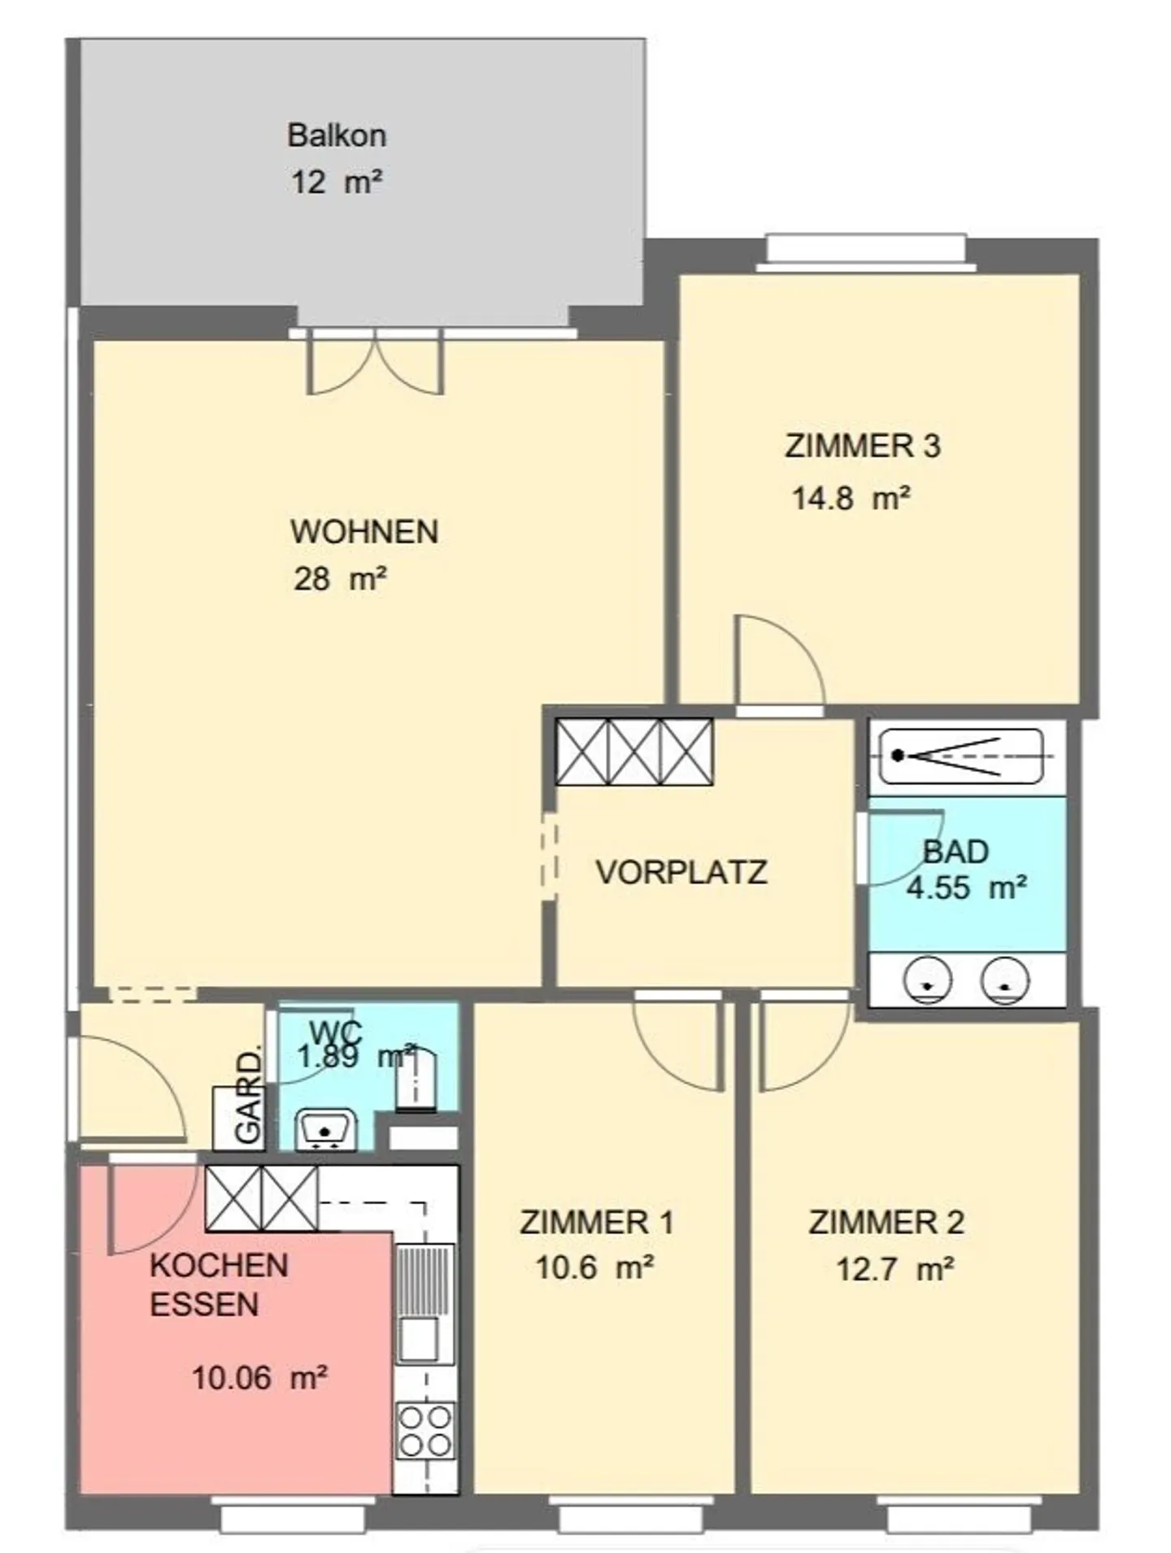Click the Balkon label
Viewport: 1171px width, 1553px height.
point(337,135)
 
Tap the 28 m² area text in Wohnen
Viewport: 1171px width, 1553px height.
point(340,579)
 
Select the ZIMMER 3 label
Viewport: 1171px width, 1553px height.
point(863,446)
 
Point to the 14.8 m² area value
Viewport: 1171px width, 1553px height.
point(851,497)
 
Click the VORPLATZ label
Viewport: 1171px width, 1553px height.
point(681,872)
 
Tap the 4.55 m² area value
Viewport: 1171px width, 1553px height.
point(966,887)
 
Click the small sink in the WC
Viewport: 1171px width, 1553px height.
point(325,1129)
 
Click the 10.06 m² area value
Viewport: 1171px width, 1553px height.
point(259,1377)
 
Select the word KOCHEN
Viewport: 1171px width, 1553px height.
point(220,1265)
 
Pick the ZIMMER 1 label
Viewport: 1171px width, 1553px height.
point(597,1222)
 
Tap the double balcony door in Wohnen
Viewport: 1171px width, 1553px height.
point(375,362)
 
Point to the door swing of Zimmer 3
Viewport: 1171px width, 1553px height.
point(779,660)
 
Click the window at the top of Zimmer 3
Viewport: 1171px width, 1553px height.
point(866,251)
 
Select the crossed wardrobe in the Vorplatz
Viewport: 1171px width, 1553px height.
point(634,752)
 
